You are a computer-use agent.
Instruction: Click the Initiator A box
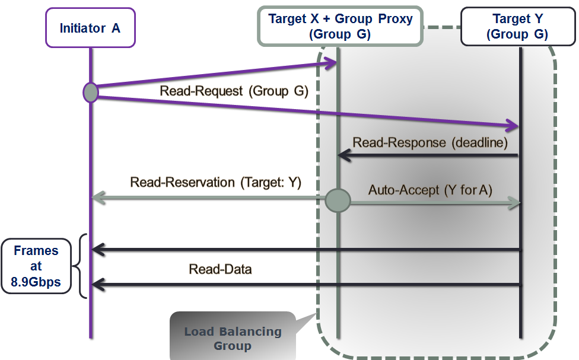tap(90, 28)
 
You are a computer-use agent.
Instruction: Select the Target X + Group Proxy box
tap(340, 26)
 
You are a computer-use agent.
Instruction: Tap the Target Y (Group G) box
tap(517, 27)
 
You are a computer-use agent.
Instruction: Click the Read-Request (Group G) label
tap(234, 91)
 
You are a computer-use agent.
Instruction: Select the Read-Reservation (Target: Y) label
tap(216, 182)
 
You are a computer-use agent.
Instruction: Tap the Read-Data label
tap(220, 269)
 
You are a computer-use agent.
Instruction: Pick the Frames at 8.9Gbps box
tap(36, 266)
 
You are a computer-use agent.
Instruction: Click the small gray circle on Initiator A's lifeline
tap(91, 92)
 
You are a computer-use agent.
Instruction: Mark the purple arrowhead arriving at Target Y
tap(513, 126)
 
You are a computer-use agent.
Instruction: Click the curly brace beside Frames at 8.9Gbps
tap(82, 266)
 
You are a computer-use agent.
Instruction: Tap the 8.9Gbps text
tap(36, 282)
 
